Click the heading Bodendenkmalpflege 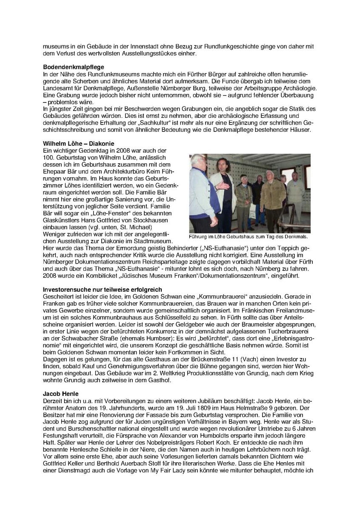(x=74, y=67)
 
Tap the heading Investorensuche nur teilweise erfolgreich (x=102, y=290)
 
